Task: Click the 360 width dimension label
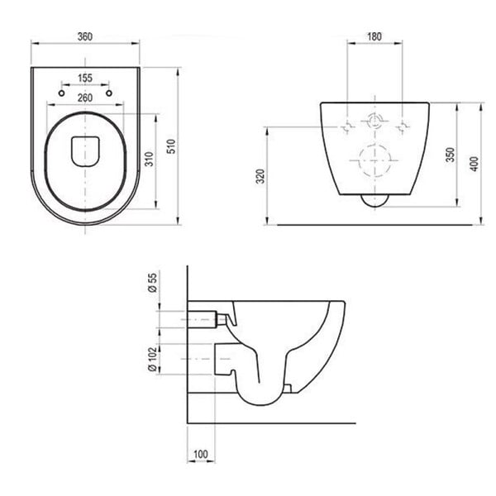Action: pyautogui.click(x=85, y=36)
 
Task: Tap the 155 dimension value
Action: pyautogui.click(x=85, y=78)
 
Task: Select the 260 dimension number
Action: pyautogui.click(x=85, y=98)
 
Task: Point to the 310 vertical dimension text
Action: pyautogui.click(x=149, y=159)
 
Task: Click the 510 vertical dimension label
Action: pyautogui.click(x=171, y=146)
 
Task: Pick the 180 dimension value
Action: pyautogui.click(x=374, y=36)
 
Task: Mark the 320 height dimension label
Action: pyautogui.click(x=260, y=177)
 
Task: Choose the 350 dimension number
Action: pyautogui.click(x=450, y=155)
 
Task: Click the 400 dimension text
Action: pyautogui.click(x=475, y=164)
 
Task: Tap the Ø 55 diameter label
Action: pyautogui.click(x=153, y=283)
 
